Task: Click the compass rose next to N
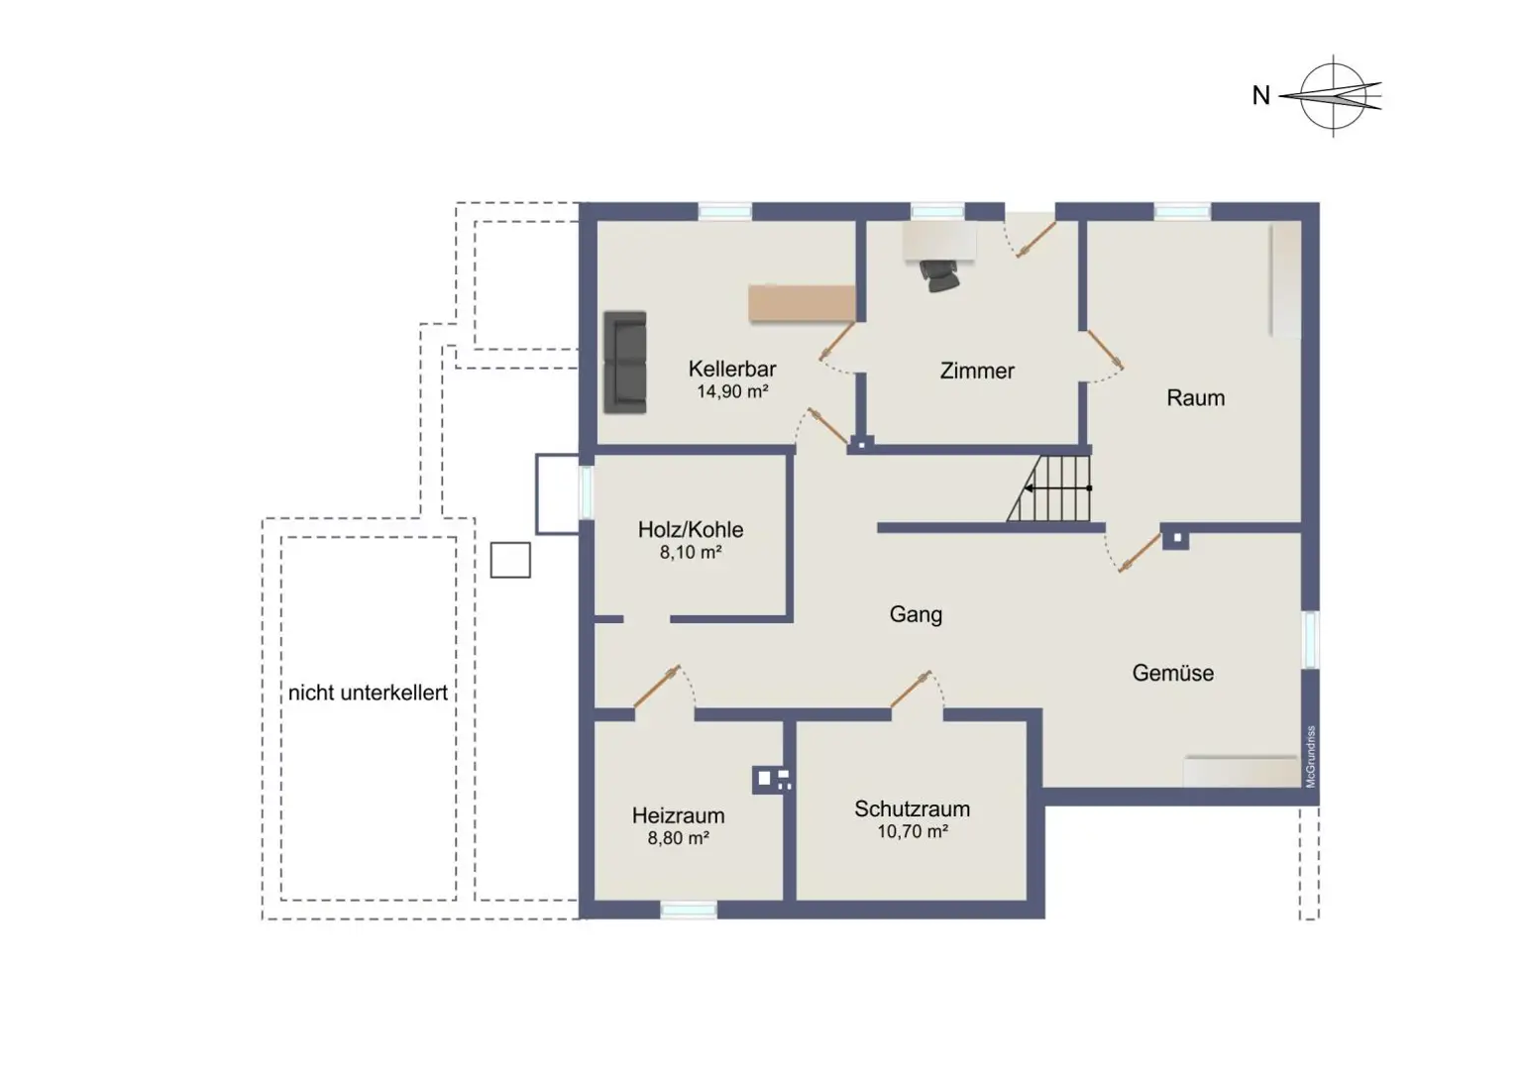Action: coord(1333,96)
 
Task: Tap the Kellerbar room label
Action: coord(731,369)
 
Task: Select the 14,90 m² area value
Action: coord(731,391)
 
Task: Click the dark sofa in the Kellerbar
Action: coord(625,362)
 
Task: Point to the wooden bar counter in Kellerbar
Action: coord(802,303)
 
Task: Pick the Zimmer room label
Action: coord(976,371)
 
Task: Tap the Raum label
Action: coord(1195,397)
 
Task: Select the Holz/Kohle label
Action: coord(690,529)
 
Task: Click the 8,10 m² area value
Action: coord(690,552)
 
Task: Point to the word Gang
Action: coord(915,614)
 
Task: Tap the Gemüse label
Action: coord(1172,673)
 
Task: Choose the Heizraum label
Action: coord(678,815)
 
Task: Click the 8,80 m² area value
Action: coord(678,838)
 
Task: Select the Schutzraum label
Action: coord(912,808)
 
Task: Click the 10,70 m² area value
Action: coord(912,831)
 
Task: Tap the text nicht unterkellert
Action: coord(368,693)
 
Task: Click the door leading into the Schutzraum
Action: coord(913,691)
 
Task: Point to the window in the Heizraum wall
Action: coord(689,910)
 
